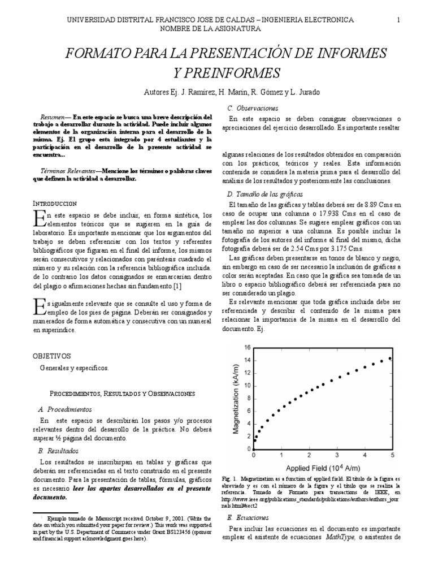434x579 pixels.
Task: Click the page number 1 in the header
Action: click(398, 20)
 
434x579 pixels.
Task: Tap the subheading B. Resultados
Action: click(58, 451)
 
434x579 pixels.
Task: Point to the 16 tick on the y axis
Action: click(247, 347)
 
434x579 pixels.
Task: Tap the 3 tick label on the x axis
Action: click(337, 455)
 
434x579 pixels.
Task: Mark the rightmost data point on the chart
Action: click(390, 358)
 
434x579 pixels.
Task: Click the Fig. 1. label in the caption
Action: click(230, 478)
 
